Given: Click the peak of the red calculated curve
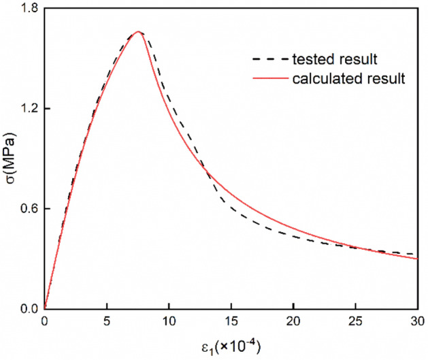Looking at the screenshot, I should [138, 31].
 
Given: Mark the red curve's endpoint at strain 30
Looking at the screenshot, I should [416, 259].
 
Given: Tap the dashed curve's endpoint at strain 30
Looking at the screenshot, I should [416, 254].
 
